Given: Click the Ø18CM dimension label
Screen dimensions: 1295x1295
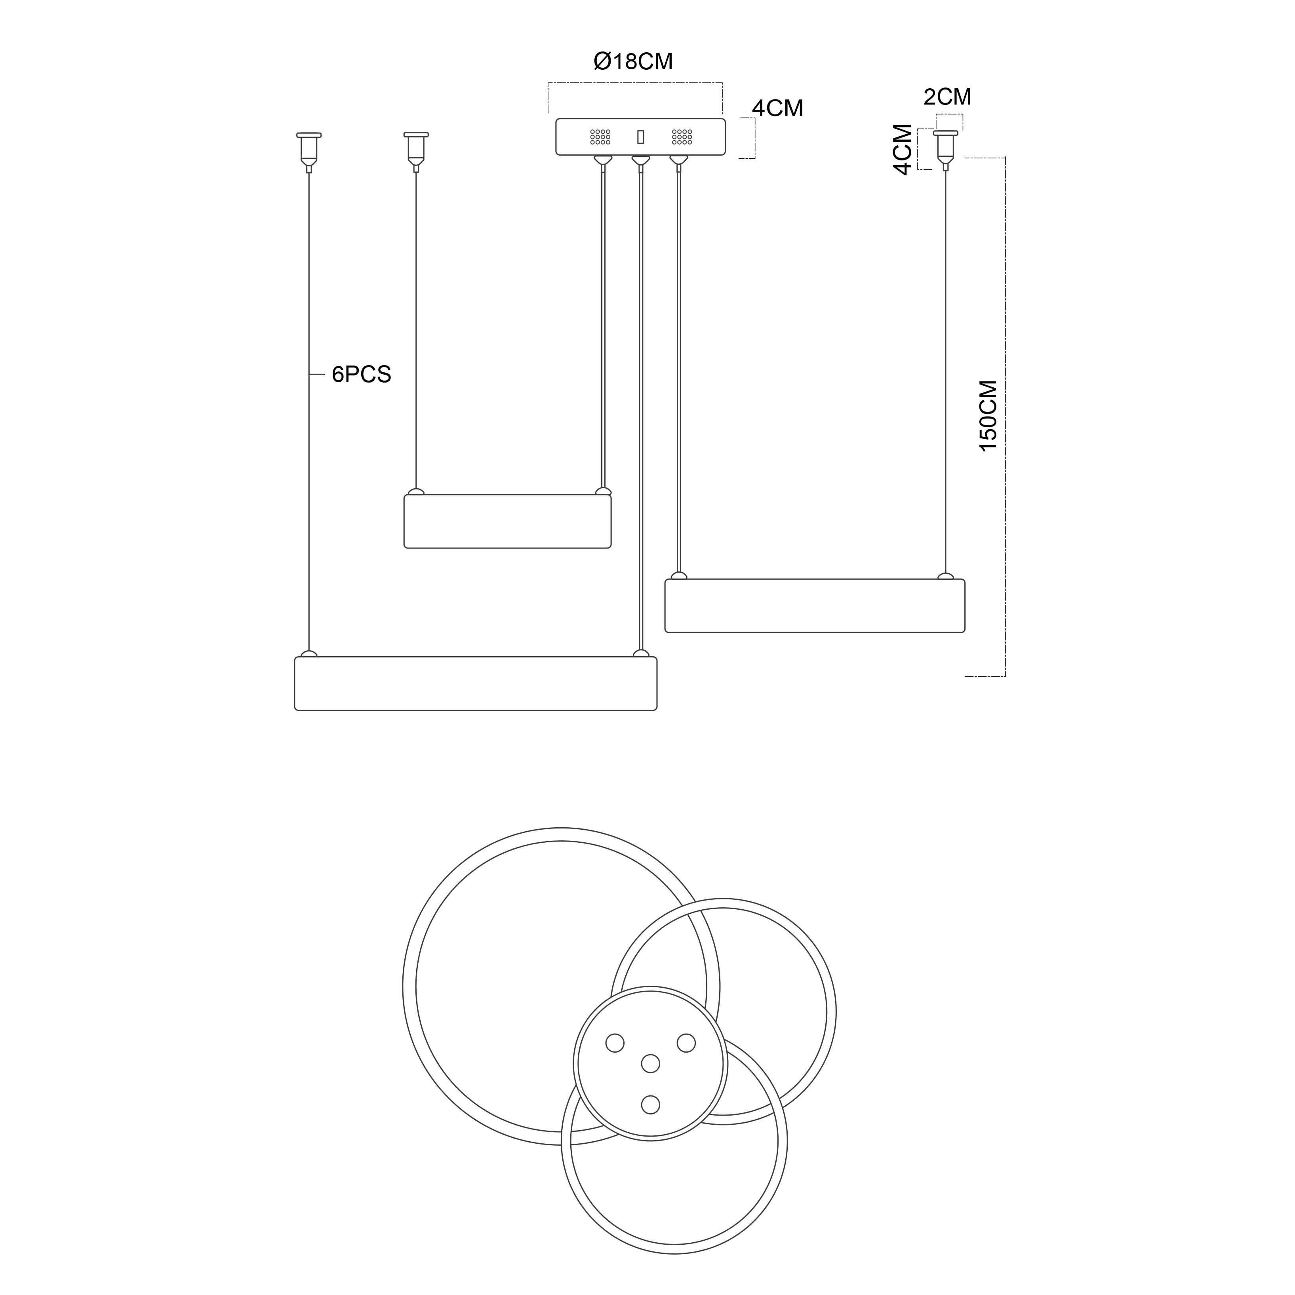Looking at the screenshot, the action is point(633,62).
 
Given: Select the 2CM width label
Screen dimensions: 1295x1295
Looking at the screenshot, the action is point(947,97).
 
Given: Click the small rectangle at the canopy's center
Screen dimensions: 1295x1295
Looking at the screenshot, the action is point(641,137).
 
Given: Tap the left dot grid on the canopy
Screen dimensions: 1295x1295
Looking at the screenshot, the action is point(600,137).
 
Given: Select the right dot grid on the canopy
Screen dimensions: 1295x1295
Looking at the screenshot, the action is point(682,137).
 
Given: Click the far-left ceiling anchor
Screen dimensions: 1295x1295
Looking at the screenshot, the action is point(309,152).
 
